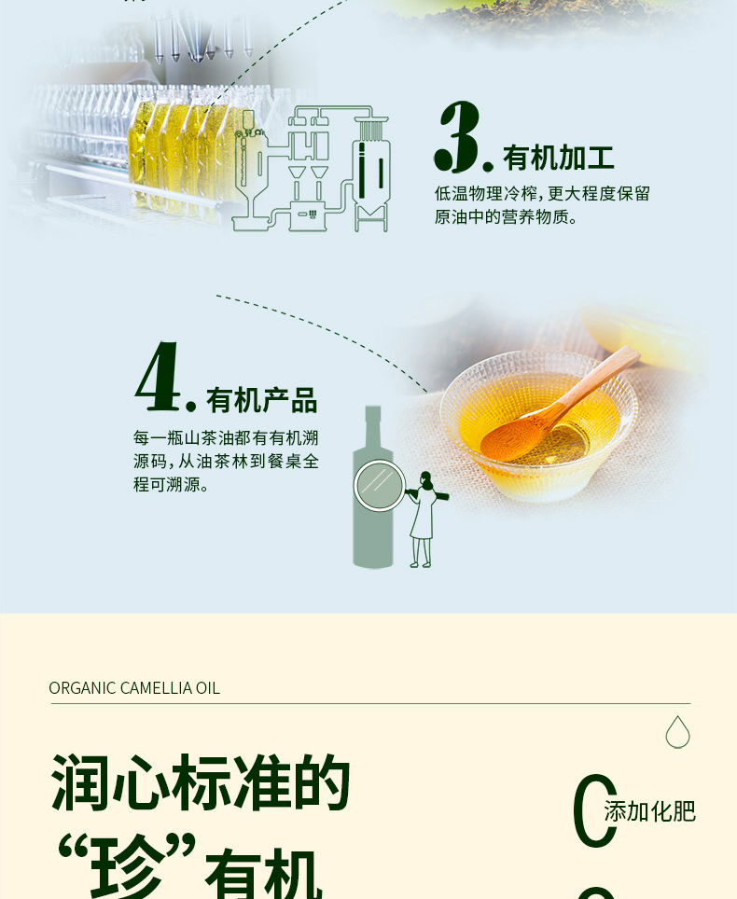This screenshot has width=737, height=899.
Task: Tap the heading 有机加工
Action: pyautogui.click(x=558, y=158)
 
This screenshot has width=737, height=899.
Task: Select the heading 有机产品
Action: pyautogui.click(x=261, y=400)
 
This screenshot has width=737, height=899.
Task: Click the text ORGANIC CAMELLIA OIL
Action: pyautogui.click(x=134, y=688)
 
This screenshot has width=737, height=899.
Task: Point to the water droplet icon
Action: pyautogui.click(x=677, y=732)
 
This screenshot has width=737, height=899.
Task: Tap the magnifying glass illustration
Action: pyautogui.click(x=379, y=486)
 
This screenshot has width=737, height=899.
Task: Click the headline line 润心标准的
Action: pyautogui.click(x=201, y=782)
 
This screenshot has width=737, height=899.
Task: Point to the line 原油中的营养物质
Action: pyautogui.click(x=506, y=217)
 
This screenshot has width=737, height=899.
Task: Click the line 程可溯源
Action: pyautogui.click(x=171, y=485)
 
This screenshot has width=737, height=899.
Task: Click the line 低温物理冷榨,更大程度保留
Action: pyautogui.click(x=542, y=194)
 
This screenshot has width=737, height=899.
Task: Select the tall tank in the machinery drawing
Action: pyautogui.click(x=371, y=172)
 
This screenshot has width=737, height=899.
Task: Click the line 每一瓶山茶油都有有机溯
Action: pyautogui.click(x=226, y=438)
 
